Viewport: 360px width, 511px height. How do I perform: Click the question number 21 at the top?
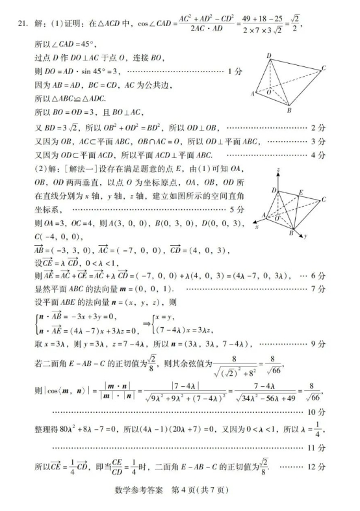21,25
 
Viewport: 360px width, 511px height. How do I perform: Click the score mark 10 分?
318,412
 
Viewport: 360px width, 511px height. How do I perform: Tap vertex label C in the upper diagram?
323,68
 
